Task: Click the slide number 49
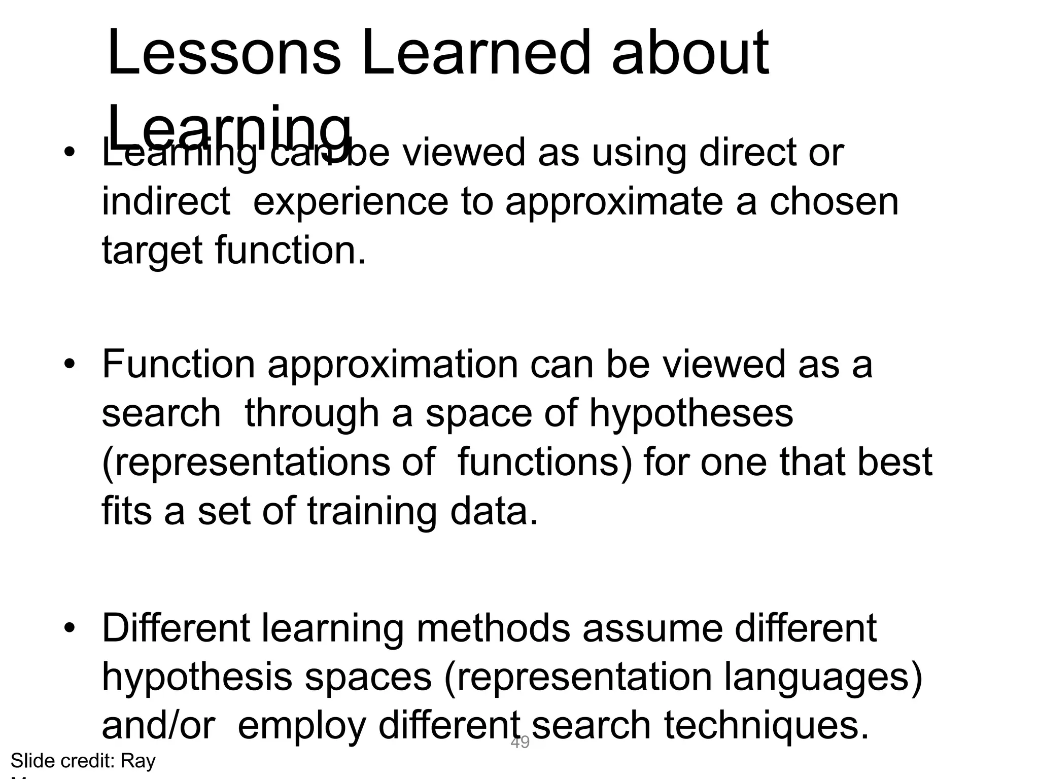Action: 520,742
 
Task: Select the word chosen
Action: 834,202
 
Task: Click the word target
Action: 152,251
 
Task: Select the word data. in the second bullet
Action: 494,511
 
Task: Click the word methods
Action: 493,628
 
